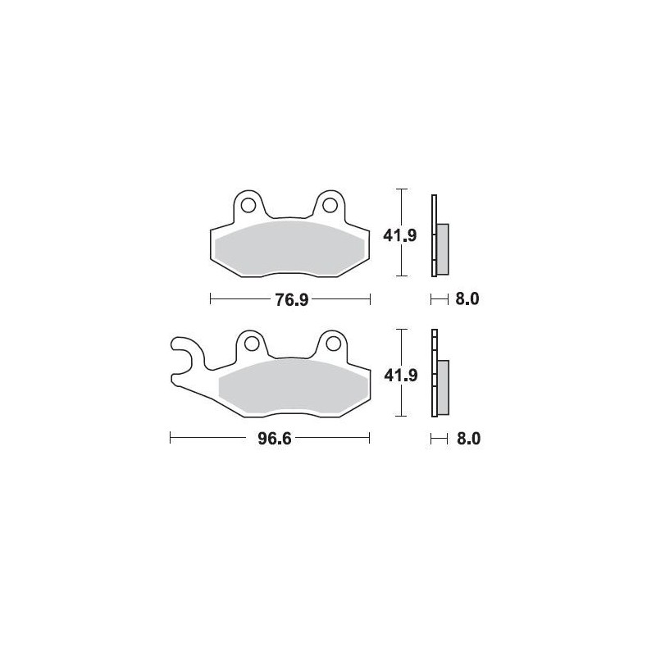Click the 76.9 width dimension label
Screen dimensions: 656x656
point(291,299)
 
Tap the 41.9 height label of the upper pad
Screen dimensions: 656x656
point(401,236)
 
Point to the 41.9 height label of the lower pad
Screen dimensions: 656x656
point(401,376)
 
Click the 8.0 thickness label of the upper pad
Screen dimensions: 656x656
point(466,299)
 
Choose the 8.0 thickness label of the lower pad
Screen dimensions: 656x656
point(466,439)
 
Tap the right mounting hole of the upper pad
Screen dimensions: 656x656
point(330,203)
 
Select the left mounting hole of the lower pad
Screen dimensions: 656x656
point(250,343)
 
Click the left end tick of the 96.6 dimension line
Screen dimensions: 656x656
point(170,439)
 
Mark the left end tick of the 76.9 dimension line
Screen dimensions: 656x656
point(211,299)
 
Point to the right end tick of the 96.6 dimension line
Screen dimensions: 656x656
point(370,439)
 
